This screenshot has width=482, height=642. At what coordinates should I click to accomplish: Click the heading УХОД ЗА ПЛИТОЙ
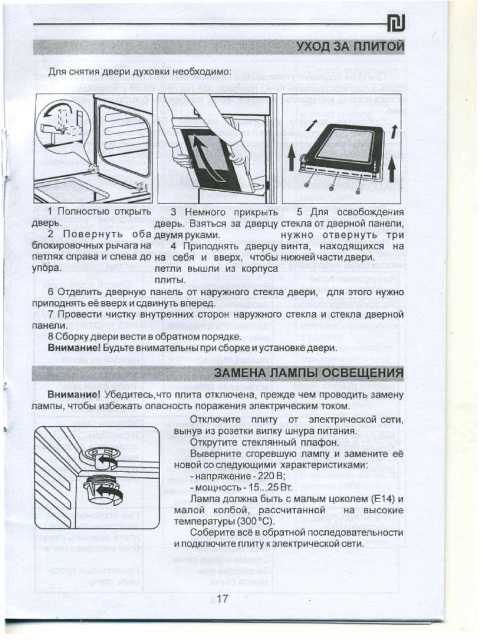point(349,46)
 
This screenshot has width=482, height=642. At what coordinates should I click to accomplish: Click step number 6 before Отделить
point(52,293)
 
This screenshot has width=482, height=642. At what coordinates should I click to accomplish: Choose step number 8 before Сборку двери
point(51,337)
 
